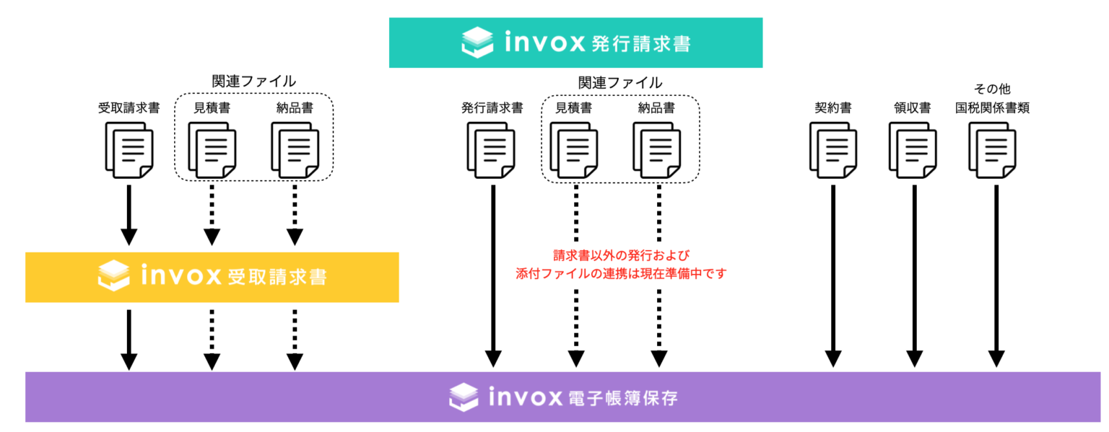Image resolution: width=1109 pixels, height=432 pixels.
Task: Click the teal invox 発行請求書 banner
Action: pyautogui.click(x=575, y=43)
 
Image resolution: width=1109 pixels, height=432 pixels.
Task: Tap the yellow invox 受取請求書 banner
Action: pyautogui.click(x=212, y=277)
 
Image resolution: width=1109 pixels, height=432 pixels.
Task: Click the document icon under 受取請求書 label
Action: pyautogui.click(x=129, y=149)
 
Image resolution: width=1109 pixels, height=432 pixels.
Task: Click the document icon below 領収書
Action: pyautogui.click(x=913, y=149)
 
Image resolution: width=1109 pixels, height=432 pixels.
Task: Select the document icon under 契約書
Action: pyautogui.click(x=832, y=149)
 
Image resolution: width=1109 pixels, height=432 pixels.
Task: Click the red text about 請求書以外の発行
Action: pyautogui.click(x=621, y=265)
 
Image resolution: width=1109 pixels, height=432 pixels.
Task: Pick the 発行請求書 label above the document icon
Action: pyautogui.click(x=492, y=108)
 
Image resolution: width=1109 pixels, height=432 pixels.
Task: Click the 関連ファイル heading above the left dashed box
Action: pyautogui.click(x=253, y=81)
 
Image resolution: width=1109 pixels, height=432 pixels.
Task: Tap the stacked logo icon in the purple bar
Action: pyautogui.click(x=464, y=397)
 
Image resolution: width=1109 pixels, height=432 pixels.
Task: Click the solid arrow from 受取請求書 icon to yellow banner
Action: pyautogui.click(x=129, y=215)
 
